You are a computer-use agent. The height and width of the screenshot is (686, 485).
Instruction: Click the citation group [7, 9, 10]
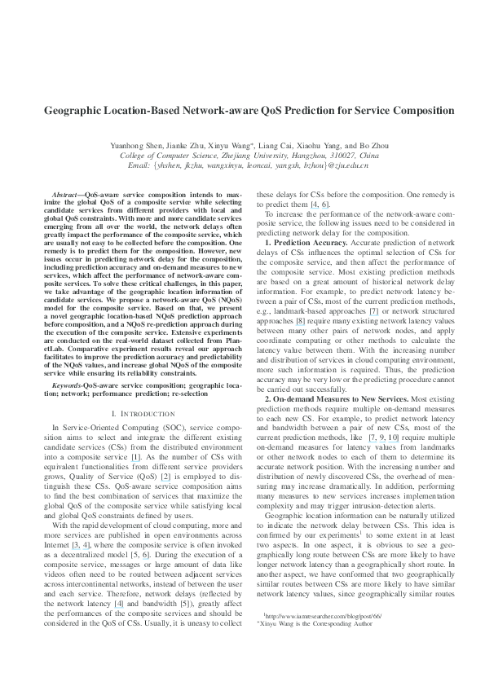tap(381, 437)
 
